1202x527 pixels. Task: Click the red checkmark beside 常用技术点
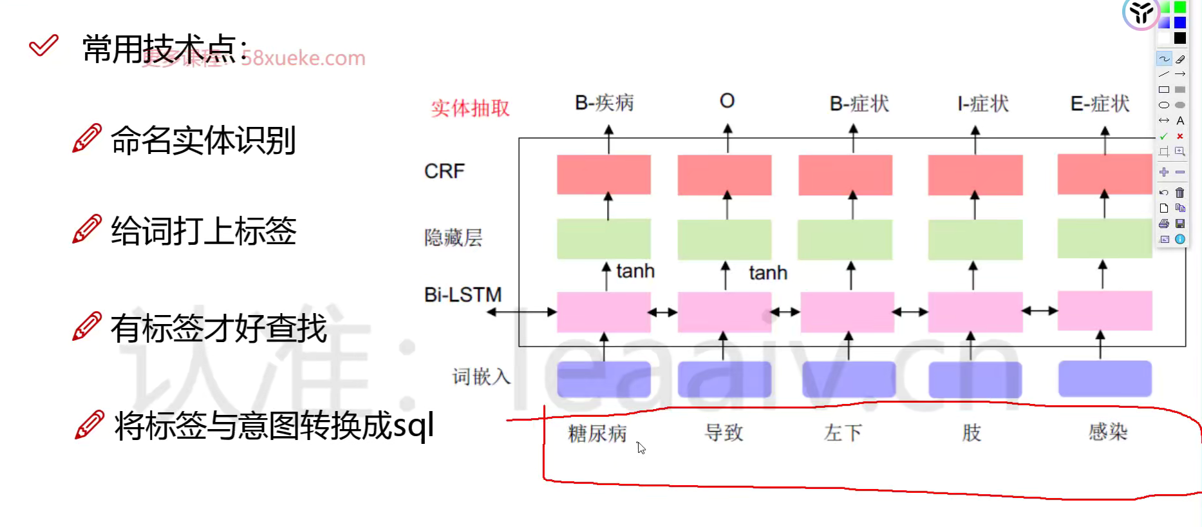tap(44, 45)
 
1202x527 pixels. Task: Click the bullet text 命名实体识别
tap(203, 140)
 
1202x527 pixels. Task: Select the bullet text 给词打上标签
tap(203, 231)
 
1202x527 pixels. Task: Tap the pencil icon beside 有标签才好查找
tap(87, 327)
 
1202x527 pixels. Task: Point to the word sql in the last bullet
tap(413, 426)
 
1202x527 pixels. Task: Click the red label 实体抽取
tap(470, 108)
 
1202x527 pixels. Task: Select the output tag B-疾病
tap(604, 103)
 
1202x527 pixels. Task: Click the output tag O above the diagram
tap(727, 101)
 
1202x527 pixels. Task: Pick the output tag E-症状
tap(1100, 104)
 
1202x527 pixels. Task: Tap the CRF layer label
tap(444, 171)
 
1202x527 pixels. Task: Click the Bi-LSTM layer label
tap(462, 295)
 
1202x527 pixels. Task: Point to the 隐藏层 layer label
tap(453, 238)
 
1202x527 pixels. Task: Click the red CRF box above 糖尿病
tap(604, 175)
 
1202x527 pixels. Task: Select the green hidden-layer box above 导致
tap(724, 239)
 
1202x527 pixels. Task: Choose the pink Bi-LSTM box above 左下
tap(847, 312)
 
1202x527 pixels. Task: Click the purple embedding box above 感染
tap(1105, 379)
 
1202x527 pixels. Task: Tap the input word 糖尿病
tap(597, 434)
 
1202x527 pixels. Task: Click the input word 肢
tap(972, 432)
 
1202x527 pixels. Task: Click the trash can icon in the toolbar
tap(1179, 193)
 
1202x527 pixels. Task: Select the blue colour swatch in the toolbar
tap(1179, 23)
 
